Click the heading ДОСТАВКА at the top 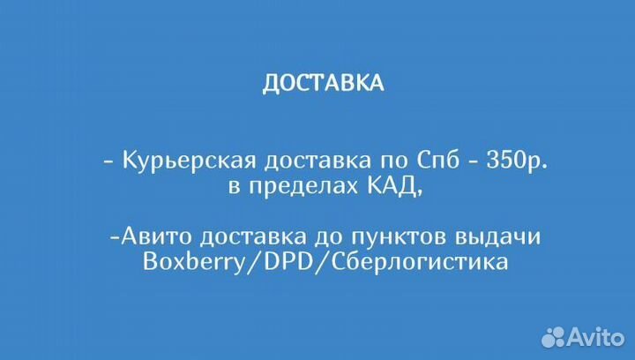323,83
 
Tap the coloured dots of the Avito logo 553,335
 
